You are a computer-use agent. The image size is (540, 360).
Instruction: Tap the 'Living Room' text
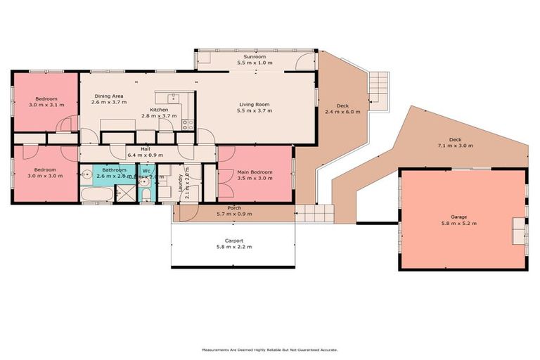pyautogui.click(x=254, y=105)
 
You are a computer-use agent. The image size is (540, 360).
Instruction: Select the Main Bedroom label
pyautogui.click(x=255, y=171)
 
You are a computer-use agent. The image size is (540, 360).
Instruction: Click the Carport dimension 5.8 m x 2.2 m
pyautogui.click(x=233, y=247)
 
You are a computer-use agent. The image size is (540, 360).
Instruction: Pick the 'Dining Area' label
pyautogui.click(x=109, y=96)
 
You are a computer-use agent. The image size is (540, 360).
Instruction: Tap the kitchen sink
pyautogui.click(x=169, y=98)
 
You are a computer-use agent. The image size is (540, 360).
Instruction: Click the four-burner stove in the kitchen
pyautogui.click(x=188, y=125)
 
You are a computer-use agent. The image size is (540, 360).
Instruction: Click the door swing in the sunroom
pyautogui.click(x=303, y=63)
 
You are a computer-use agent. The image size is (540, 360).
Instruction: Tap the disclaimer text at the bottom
pyautogui.click(x=270, y=349)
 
